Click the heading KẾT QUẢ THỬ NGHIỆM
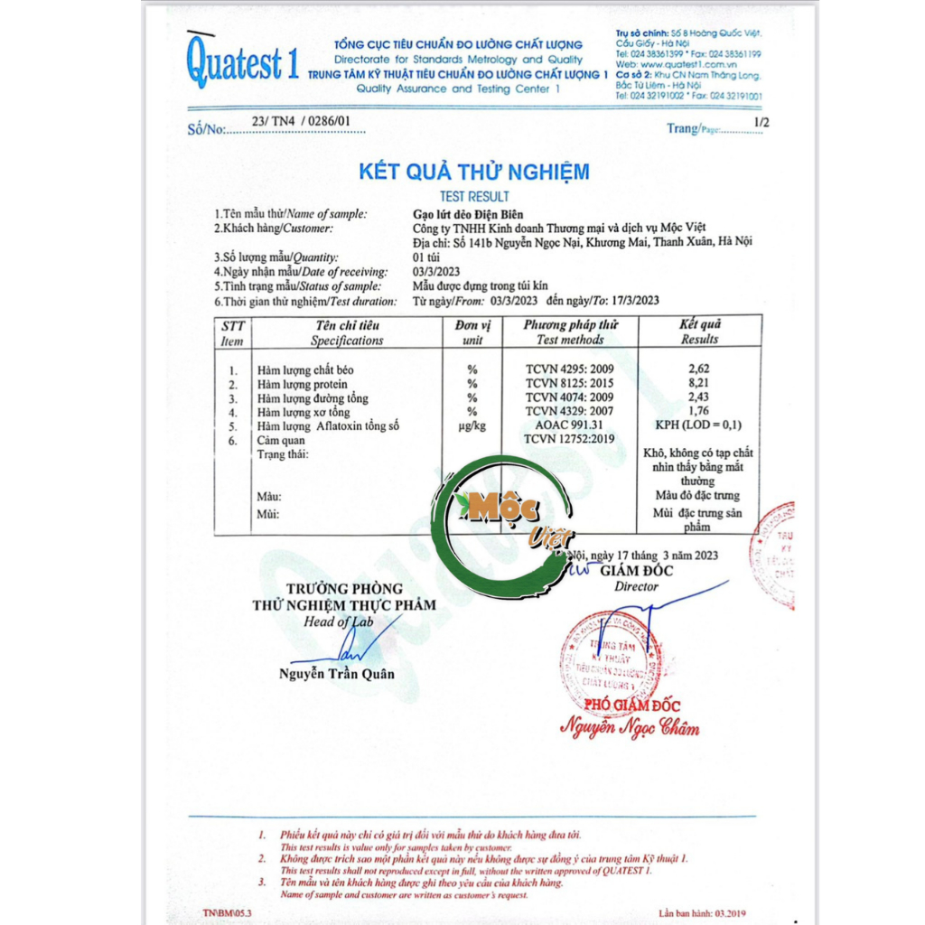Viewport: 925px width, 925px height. pyautogui.click(x=474, y=172)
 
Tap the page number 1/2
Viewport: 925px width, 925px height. pyautogui.click(x=761, y=121)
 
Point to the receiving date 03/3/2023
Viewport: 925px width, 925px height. pyautogui.click(x=436, y=272)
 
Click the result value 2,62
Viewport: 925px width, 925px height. pyautogui.click(x=699, y=369)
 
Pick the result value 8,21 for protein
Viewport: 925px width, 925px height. pyautogui.click(x=699, y=384)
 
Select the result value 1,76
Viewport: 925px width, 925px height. pyautogui.click(x=699, y=412)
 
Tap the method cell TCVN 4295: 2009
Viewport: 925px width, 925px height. pyautogui.click(x=569, y=369)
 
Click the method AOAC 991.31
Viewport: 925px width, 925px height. pyautogui.click(x=569, y=425)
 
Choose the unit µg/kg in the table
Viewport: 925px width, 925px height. pyautogui.click(x=472, y=425)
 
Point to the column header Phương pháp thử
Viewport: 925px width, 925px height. pyautogui.click(x=570, y=325)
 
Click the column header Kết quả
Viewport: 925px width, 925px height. pyautogui.click(x=699, y=325)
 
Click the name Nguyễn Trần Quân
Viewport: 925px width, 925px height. pyautogui.click(x=336, y=674)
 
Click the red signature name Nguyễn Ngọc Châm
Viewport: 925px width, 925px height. pyautogui.click(x=630, y=726)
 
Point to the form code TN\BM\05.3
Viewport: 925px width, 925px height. pyautogui.click(x=228, y=913)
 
